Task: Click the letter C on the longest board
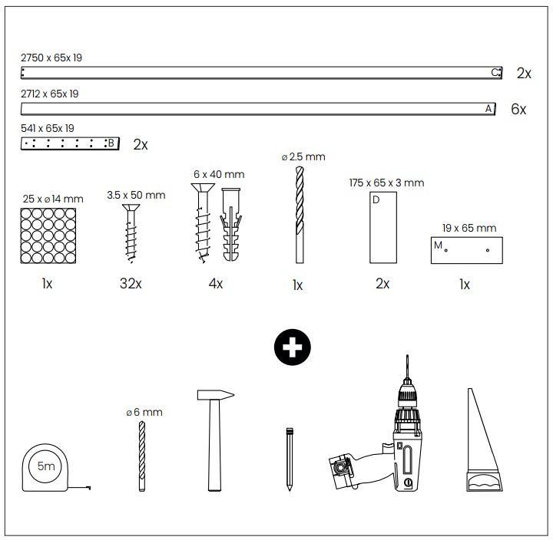point(495,73)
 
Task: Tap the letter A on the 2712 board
point(488,108)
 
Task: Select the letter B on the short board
point(111,143)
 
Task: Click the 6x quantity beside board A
point(518,109)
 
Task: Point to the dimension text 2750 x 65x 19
point(51,58)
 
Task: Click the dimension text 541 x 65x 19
point(48,128)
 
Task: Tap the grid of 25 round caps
point(48,235)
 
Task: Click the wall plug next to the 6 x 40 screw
point(231,225)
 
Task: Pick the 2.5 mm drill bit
point(300,215)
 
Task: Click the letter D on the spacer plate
point(376,199)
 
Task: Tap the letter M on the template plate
point(438,245)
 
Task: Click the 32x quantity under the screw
point(131,283)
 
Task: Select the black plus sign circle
point(293,347)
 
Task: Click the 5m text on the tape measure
point(46,466)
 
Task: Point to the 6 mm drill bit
point(142,456)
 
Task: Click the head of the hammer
point(216,395)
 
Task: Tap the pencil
point(290,459)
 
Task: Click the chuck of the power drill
point(408,393)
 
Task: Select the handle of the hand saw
point(485,482)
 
